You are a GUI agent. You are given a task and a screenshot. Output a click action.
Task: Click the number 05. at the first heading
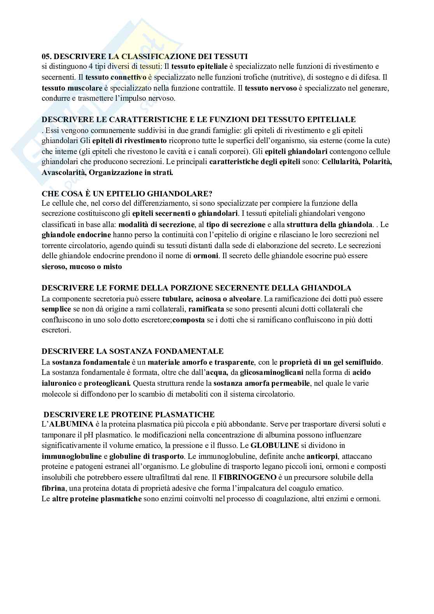click(47, 56)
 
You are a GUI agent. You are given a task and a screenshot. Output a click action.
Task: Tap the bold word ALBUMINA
click(70, 424)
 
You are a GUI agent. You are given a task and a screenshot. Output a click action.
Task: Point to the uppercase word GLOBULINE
click(275, 445)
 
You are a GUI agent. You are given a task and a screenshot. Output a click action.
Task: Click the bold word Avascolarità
click(63, 173)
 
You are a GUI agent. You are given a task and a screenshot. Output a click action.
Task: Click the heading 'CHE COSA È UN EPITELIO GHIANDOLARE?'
click(127, 193)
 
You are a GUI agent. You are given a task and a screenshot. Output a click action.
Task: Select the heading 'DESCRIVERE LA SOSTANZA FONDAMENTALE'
click(133, 352)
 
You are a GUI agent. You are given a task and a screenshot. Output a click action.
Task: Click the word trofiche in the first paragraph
click(248, 78)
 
